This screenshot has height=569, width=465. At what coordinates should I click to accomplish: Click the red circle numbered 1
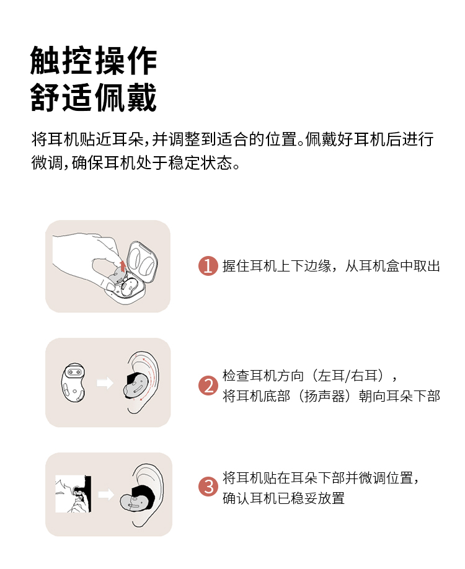pos(208,266)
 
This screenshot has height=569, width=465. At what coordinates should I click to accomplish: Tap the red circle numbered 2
pos(208,386)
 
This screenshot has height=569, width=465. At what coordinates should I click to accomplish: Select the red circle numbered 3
pos(208,487)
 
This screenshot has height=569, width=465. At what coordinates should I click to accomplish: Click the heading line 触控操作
pos(93,61)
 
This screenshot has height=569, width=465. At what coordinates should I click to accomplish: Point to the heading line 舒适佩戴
pos(93,97)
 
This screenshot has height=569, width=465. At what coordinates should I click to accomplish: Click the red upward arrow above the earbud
pos(123,266)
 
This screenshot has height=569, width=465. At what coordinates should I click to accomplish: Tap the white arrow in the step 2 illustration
pos(105,383)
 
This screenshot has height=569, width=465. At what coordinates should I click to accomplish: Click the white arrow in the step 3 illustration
pos(106,494)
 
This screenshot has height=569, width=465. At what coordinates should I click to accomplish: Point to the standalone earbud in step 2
pos(73,381)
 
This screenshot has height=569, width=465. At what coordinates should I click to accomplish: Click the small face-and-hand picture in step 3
pos(73,493)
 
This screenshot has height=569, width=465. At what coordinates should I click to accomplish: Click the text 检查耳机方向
pos(263,376)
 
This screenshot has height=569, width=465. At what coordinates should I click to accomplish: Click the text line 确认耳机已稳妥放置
pos(283,498)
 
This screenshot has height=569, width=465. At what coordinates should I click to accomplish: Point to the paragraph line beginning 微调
pos(136,163)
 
